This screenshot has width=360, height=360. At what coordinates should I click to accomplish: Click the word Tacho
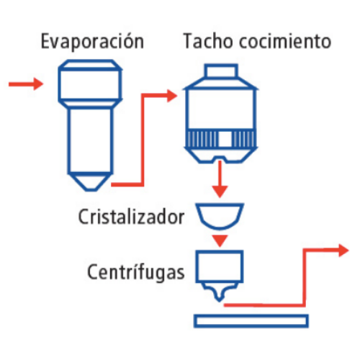pos(205,41)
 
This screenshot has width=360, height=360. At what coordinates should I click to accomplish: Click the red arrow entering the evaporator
pos(26,84)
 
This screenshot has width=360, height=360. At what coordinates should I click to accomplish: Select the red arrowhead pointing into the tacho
pos(171,95)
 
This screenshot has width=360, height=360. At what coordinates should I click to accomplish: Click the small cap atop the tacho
pos(221,73)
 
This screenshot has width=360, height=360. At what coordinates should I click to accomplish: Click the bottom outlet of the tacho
pos(221,156)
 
